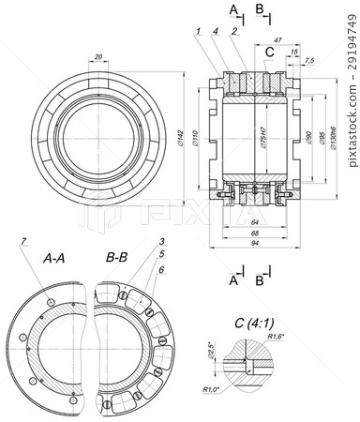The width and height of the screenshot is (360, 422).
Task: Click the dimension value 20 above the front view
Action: click(99, 57)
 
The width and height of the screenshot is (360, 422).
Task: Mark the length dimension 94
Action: click(254, 242)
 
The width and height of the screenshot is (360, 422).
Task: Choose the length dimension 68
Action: click(254, 232)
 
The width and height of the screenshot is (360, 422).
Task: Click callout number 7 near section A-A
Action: click(23, 244)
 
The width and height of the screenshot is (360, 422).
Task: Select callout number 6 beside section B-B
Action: click(161, 270)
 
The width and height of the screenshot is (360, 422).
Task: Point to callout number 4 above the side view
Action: click(216, 32)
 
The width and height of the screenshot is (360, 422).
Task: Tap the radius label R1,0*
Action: click(210, 387)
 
